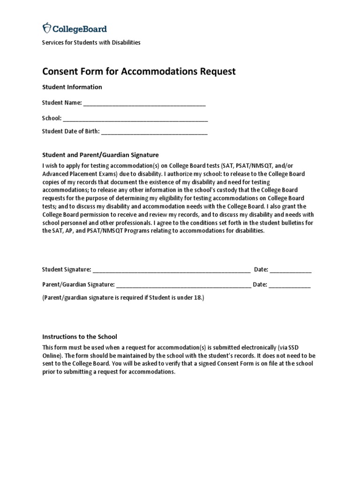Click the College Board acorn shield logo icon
47,29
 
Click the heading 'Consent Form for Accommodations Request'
139,71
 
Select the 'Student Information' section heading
72,87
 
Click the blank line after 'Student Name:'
144,103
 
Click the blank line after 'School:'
135,119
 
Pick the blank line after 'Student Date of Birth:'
154,132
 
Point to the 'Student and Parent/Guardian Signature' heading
101,155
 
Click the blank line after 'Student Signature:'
171,270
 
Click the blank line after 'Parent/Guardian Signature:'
183,285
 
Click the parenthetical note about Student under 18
124,298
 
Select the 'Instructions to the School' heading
80,337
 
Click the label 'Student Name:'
62,103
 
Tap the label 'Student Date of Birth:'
71,131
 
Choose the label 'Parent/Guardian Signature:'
78,285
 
